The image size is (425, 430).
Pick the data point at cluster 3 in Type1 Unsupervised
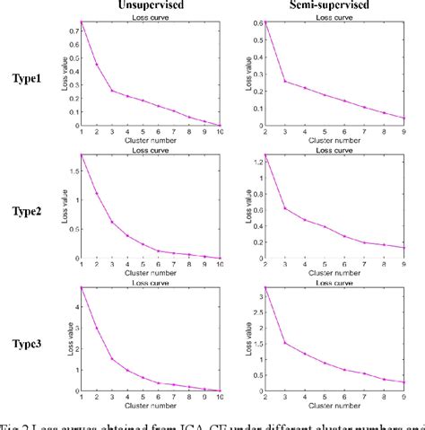tap(112, 91)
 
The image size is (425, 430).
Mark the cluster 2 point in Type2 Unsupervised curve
tap(96, 194)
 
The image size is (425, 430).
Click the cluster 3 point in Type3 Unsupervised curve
tap(112, 359)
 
